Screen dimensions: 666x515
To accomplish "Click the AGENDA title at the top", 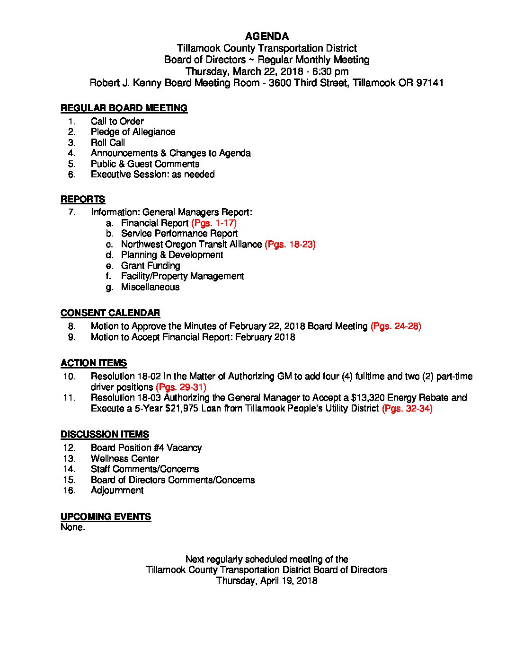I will point(267,36).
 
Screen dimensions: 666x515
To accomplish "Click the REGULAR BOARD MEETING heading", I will point(124,108).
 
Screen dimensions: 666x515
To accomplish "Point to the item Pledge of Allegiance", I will point(133,132).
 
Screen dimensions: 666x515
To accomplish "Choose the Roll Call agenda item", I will point(108,142).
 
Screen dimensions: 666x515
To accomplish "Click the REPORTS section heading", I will point(83,199).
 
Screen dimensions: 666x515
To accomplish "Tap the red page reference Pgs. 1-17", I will point(214,223).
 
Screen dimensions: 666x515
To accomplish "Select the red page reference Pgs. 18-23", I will point(290,244).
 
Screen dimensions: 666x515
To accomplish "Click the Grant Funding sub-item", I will point(151,265).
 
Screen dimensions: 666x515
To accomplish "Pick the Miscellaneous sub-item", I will point(150,287).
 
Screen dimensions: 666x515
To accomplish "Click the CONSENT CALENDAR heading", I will point(110,313).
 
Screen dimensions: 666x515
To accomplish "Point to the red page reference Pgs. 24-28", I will point(396,326).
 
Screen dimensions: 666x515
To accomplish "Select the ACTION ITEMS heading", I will point(94,363).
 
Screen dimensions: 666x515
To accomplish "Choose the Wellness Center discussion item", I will point(125,458).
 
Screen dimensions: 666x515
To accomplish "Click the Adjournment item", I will point(117,490).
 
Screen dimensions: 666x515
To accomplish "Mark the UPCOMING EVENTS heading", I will point(106,517).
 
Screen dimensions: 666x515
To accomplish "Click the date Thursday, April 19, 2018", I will point(266,580).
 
